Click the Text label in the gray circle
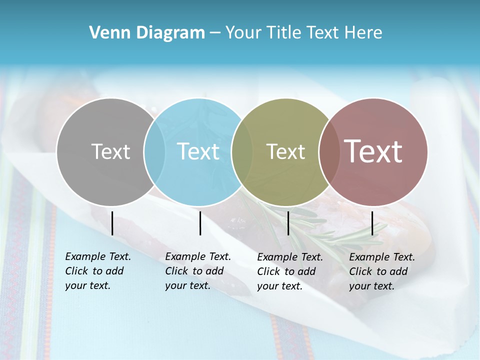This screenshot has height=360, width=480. [x=110, y=151]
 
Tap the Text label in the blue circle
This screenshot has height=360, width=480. [x=198, y=151]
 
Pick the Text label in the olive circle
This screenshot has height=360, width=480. [x=285, y=151]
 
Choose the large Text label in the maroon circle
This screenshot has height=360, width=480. [x=373, y=151]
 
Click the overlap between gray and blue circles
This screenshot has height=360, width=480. [x=154, y=151]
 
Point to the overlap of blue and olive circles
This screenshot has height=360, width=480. [x=242, y=151]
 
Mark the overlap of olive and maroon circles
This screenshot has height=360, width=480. [x=329, y=151]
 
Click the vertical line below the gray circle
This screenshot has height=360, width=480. [x=112, y=223]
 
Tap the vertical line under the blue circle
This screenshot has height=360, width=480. [x=200, y=223]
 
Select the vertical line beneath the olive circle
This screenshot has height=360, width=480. [x=288, y=223]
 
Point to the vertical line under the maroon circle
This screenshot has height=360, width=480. [x=372, y=223]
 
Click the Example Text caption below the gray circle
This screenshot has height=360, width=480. [x=98, y=271]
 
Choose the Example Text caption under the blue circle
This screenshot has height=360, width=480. [x=198, y=271]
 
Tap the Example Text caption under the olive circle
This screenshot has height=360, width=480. [x=290, y=271]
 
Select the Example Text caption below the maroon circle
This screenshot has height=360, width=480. [x=382, y=271]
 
